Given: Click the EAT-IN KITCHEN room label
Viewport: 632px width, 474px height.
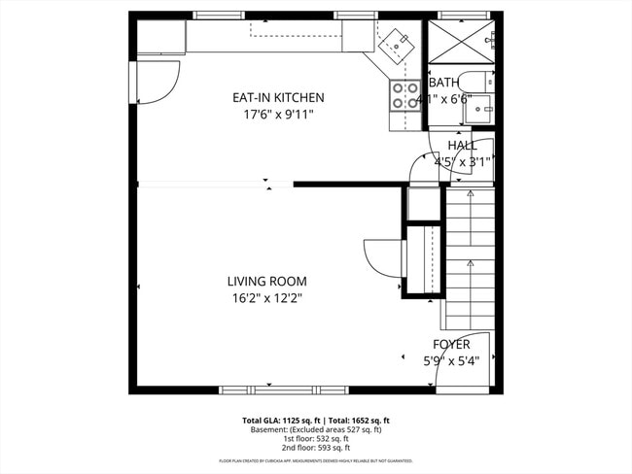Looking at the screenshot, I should pos(277,98).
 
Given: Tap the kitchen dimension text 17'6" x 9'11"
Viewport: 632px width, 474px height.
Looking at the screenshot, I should pos(277,114).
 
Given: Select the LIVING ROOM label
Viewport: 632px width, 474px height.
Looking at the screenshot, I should pos(260,282).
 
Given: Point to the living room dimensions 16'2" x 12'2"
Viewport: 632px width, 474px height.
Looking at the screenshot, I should pos(260,298).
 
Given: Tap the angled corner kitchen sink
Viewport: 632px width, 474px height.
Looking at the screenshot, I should pos(397,43).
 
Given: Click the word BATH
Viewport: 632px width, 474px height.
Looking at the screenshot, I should pos(443,84).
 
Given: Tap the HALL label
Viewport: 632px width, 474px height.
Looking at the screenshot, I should pos(462,146).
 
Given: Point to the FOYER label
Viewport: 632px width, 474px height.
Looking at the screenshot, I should pos(451,345).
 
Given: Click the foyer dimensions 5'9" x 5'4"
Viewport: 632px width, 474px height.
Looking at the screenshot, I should pos(451,360).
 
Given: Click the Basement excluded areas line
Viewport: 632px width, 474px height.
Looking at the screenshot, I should pos(316,429).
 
